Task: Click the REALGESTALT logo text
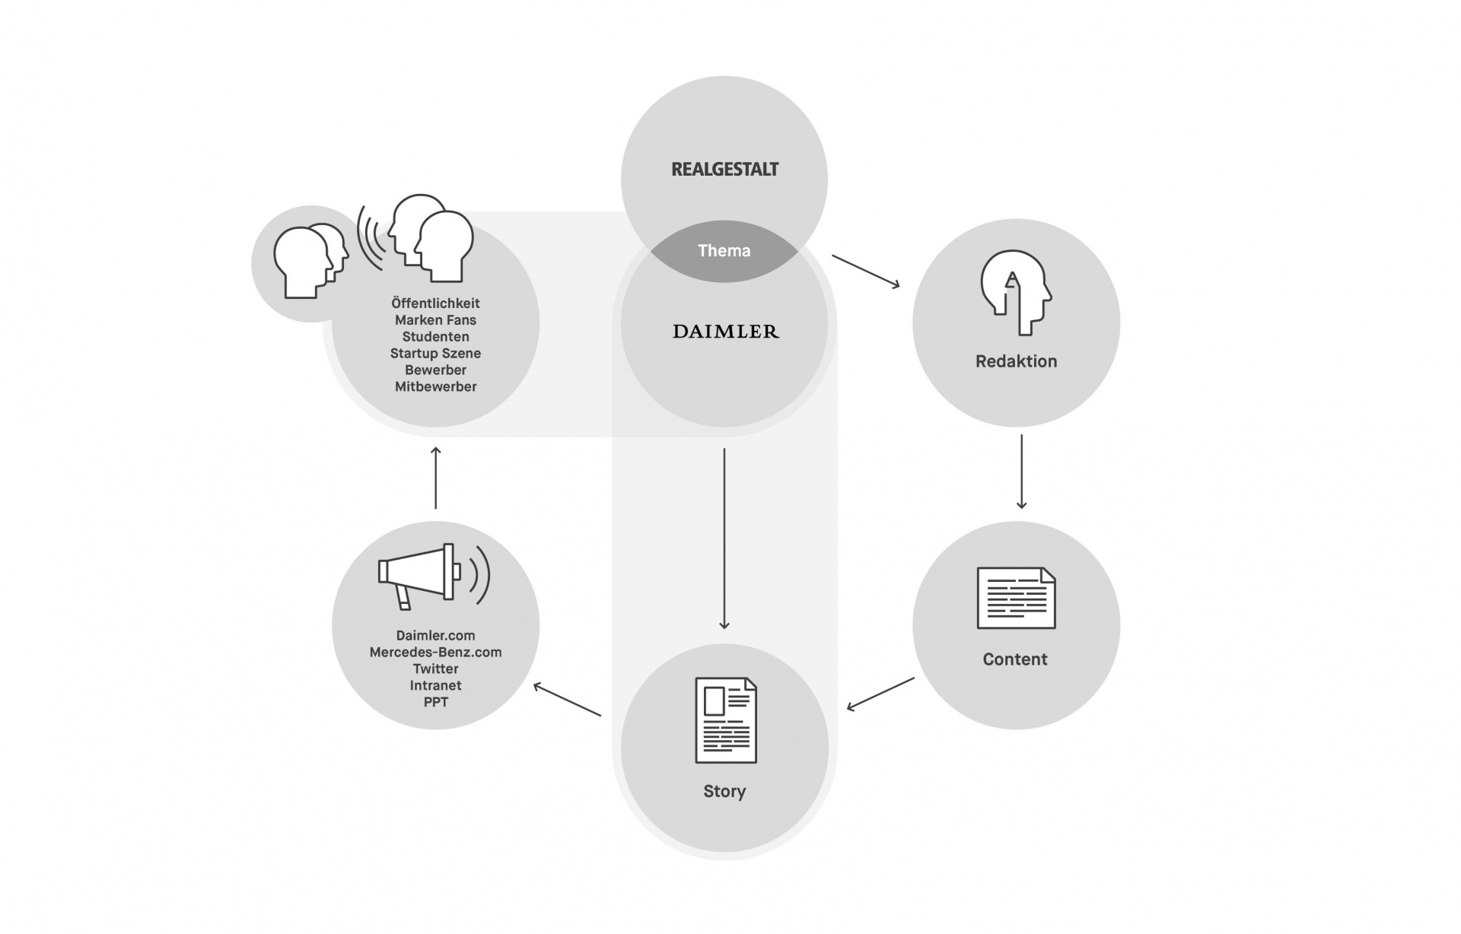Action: [724, 169]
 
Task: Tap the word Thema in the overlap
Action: [724, 251]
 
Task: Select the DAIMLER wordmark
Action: [726, 332]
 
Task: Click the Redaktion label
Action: [1016, 361]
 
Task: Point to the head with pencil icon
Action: [1016, 292]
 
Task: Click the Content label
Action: [1015, 659]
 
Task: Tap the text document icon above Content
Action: [1016, 598]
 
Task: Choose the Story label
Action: [724, 791]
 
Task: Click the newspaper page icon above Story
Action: [726, 720]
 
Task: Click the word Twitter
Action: [435, 669]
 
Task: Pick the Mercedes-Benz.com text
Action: [435, 653]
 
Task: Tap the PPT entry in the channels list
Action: [436, 703]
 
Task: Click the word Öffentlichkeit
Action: [435, 303]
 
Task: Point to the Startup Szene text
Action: [435, 354]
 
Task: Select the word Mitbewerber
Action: [436, 387]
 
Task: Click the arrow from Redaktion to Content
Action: [1021, 472]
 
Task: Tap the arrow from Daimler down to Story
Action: [724, 538]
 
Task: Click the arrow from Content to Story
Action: [880, 694]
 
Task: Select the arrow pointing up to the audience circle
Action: [436, 478]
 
